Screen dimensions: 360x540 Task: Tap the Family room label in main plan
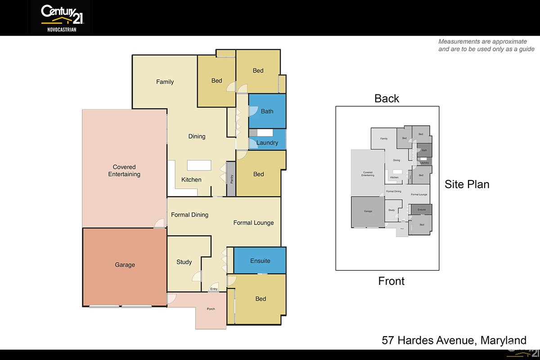(165, 82)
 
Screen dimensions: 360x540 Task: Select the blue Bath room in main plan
(267, 111)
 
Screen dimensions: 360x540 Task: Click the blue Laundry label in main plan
(267, 143)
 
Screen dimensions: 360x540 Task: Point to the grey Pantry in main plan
(231, 179)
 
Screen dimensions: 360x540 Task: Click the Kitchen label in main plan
(191, 180)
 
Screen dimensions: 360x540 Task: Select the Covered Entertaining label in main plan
(124, 171)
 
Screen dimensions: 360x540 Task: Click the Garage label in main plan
(125, 265)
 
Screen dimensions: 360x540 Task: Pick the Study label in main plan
(184, 262)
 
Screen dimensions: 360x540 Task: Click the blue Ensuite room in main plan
(260, 261)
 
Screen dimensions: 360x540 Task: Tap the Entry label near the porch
(214, 289)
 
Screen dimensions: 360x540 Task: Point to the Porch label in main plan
(211, 309)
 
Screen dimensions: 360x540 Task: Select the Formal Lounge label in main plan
(253, 223)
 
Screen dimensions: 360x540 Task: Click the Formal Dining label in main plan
(189, 215)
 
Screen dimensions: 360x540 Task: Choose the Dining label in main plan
(197, 136)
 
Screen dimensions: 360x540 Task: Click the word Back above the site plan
(387, 99)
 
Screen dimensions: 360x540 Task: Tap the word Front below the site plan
(391, 281)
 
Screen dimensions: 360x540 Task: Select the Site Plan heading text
(467, 184)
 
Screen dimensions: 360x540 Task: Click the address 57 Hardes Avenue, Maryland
(454, 340)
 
